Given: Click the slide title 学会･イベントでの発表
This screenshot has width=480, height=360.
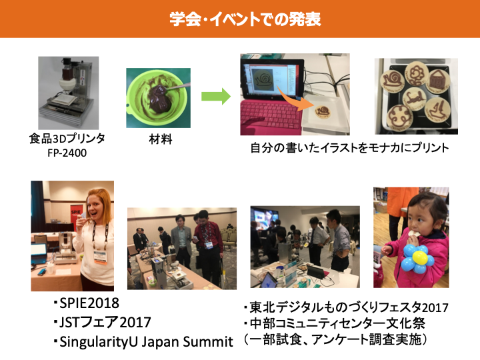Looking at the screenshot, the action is point(245,19).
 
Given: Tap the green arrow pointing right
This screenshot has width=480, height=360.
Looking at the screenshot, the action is point(216,97).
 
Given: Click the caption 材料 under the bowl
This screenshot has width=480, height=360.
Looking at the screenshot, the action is point(161,139).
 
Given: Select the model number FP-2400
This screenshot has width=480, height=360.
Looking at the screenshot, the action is point(67,153).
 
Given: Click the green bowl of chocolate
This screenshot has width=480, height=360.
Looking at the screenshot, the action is point(158,98).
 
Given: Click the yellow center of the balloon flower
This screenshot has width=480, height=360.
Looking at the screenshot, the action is point(419,258).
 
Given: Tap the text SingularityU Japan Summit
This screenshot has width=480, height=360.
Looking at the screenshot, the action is point(146,342).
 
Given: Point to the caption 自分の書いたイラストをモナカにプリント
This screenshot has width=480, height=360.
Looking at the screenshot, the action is point(349,147).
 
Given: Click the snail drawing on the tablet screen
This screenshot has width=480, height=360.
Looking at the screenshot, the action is point(264,79).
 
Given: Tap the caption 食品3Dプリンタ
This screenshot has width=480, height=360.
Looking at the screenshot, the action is point(67,139).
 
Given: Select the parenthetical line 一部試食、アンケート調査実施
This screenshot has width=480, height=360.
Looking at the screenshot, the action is point(335,339).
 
